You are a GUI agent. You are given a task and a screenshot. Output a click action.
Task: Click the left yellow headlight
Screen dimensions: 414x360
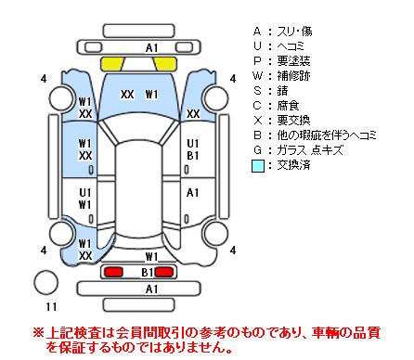111,64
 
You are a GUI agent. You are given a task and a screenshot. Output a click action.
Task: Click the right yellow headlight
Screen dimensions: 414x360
166,64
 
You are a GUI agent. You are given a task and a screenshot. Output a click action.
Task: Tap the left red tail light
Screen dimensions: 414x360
113,272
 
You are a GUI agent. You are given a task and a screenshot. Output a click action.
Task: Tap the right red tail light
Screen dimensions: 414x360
164,272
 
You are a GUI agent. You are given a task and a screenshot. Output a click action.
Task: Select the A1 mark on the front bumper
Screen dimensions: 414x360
151,48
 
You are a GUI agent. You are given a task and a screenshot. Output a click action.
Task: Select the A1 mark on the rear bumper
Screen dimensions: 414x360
151,289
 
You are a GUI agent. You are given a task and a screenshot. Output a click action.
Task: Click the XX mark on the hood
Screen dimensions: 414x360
127,95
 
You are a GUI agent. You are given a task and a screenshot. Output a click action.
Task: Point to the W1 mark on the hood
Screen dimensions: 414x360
151,95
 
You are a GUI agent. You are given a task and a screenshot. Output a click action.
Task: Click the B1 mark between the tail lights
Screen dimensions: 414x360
148,272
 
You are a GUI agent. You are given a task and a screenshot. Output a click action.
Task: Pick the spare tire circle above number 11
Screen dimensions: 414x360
45,282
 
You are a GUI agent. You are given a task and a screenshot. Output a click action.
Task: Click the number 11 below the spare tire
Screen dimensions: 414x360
51,306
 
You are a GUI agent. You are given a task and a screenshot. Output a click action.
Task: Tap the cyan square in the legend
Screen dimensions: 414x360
258,166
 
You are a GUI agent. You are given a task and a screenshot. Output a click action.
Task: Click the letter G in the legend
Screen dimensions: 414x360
257,150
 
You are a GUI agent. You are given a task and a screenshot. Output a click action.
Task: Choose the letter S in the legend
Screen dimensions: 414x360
257,91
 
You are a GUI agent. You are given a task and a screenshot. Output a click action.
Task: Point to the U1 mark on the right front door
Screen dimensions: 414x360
192,144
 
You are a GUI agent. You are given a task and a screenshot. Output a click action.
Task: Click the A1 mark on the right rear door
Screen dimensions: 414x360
192,193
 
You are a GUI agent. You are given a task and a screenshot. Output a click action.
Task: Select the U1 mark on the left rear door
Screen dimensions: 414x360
84,193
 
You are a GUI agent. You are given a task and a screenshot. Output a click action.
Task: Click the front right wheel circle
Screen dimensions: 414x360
215,98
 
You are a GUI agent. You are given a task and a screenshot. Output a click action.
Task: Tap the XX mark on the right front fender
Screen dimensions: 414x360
193,114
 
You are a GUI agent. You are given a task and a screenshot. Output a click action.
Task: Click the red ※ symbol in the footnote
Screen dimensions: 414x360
39,333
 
